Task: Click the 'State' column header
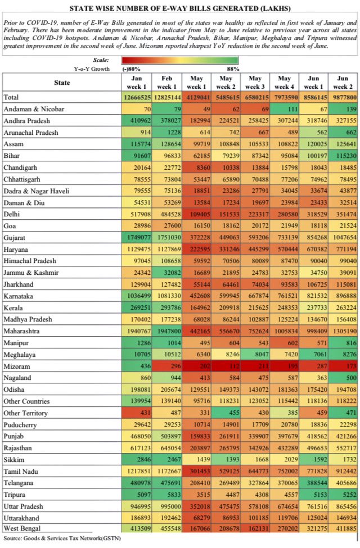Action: tap(62, 83)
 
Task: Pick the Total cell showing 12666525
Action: tap(137, 97)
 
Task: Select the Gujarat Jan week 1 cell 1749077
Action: tap(137, 238)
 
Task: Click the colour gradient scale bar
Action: tap(180, 60)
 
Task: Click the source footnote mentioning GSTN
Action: tap(62, 538)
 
